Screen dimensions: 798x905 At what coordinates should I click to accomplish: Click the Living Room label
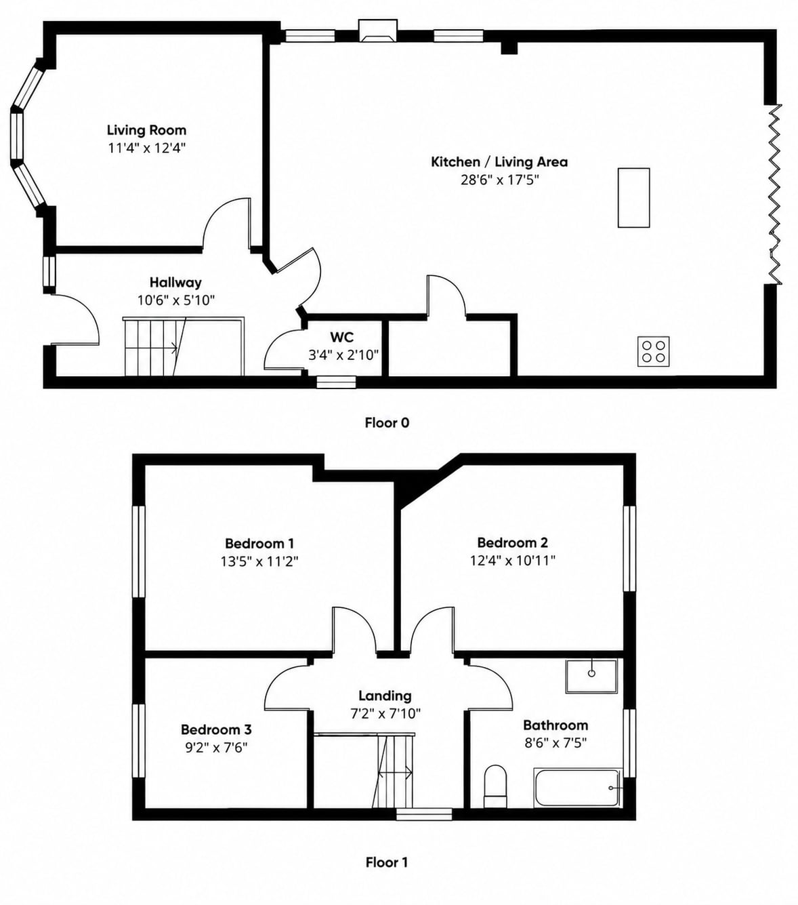[146, 130]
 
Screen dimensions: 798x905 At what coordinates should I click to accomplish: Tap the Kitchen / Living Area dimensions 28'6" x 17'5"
[500, 180]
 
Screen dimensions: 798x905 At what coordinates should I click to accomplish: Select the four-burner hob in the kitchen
[654, 352]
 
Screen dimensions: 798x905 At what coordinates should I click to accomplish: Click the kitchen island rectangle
[633, 197]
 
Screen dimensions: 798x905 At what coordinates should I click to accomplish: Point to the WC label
[342, 336]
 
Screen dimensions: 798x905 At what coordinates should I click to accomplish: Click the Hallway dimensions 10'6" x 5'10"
[176, 300]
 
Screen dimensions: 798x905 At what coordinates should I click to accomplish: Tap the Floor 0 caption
[387, 422]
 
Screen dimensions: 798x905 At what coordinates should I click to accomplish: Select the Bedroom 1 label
[259, 544]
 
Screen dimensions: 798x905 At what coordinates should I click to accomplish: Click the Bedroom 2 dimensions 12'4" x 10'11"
[512, 560]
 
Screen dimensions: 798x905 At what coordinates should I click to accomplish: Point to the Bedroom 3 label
[216, 729]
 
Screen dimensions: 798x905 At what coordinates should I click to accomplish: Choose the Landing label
[385, 696]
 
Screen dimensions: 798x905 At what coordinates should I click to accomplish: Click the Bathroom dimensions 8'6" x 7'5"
[555, 743]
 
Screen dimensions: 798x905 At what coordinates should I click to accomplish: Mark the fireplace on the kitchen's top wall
[379, 31]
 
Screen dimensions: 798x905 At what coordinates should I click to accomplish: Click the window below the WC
[337, 382]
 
